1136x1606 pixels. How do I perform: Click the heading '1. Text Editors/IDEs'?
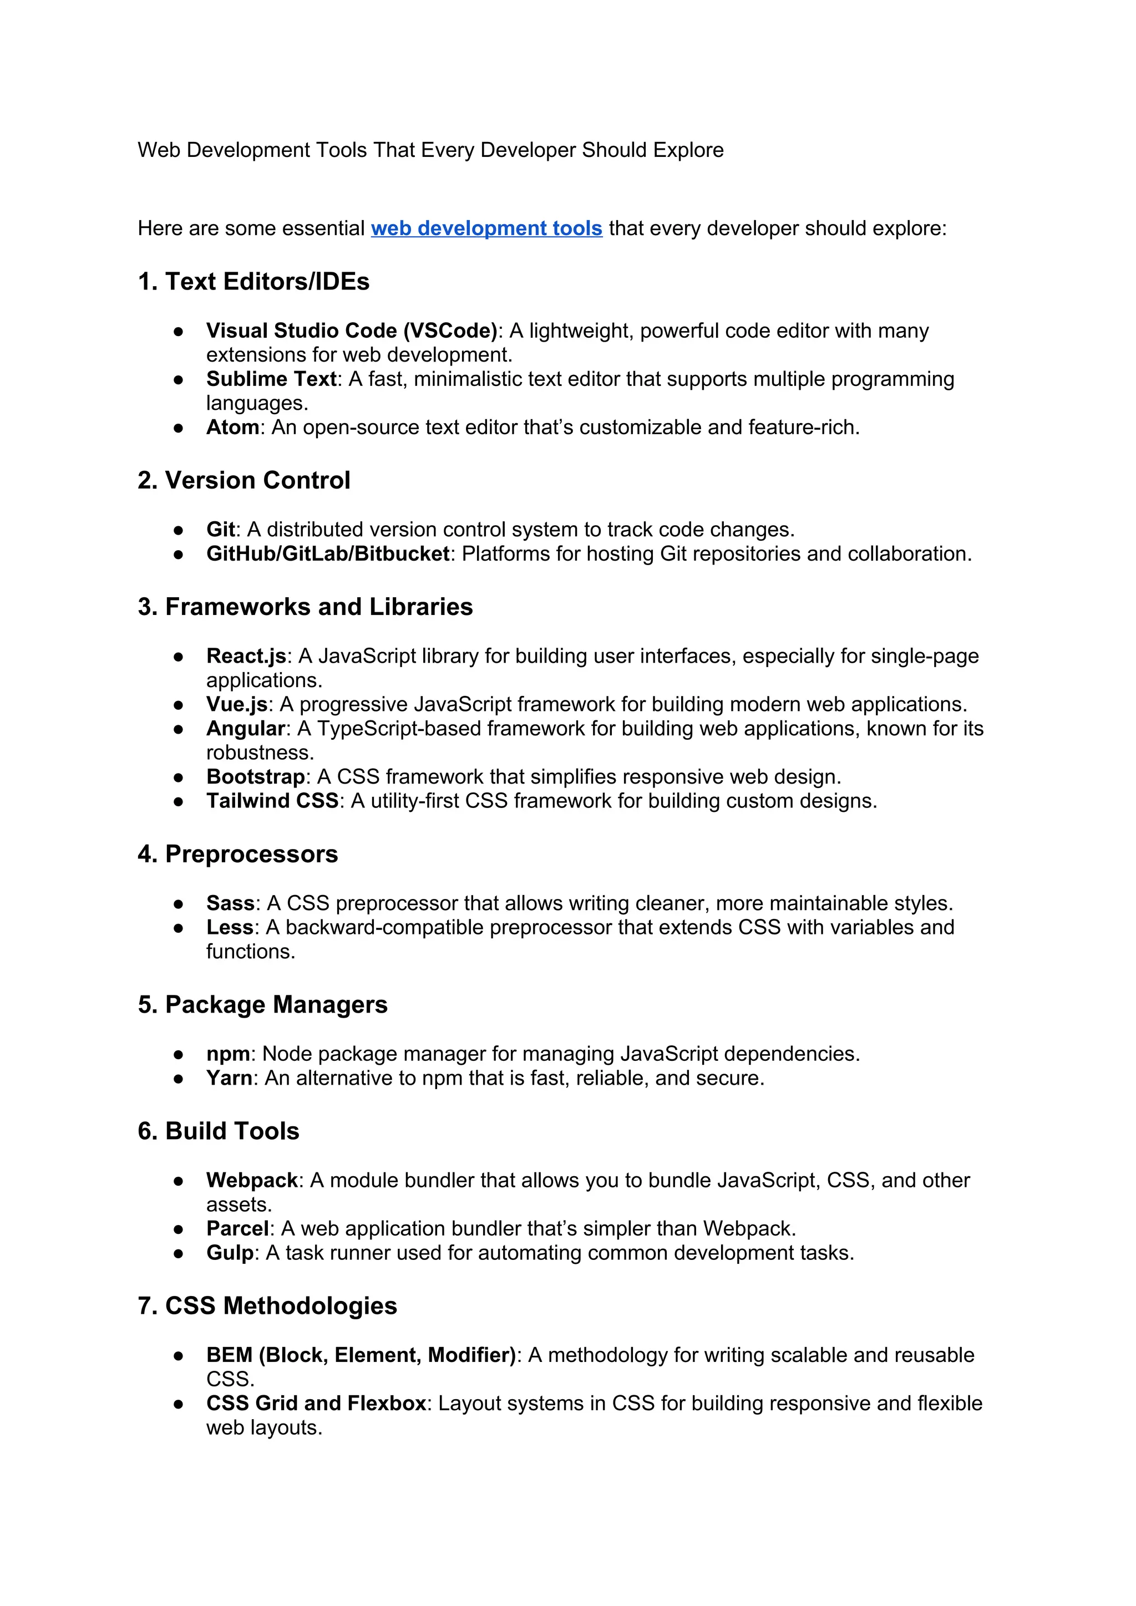pyautogui.click(x=253, y=281)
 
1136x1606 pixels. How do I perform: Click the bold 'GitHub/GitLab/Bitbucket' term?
pyautogui.click(x=327, y=553)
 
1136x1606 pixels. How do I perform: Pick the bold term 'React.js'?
pyautogui.click(x=246, y=656)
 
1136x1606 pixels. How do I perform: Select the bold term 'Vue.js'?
pyautogui.click(x=237, y=704)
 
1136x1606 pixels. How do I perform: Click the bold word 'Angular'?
pyautogui.click(x=246, y=728)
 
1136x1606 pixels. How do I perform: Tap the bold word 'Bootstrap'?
pyautogui.click(x=255, y=776)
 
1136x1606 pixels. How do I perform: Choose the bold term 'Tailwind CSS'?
pyautogui.click(x=272, y=801)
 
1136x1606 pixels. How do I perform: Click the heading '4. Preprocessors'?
pyautogui.click(x=238, y=854)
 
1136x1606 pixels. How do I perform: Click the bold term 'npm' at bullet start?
pyautogui.click(x=228, y=1054)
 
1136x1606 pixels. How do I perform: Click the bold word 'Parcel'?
pyautogui.click(x=238, y=1228)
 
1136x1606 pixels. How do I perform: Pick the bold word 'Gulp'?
pyautogui.click(x=230, y=1253)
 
